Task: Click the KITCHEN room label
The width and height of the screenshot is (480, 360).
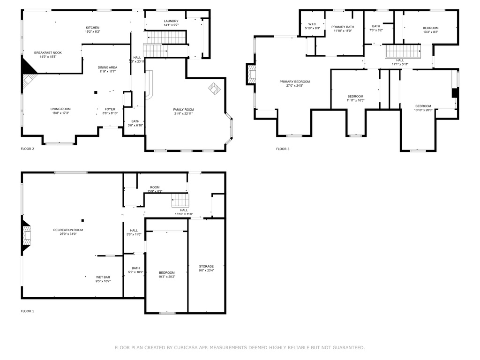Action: pyautogui.click(x=92, y=28)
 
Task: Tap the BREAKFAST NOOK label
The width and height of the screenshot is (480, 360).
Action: pyautogui.click(x=48, y=52)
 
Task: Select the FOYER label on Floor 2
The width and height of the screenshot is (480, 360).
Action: pyautogui.click(x=110, y=109)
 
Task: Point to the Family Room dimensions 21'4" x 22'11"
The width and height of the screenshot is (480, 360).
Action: pyautogui.click(x=183, y=113)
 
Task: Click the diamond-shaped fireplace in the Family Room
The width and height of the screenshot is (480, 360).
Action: pyautogui.click(x=214, y=89)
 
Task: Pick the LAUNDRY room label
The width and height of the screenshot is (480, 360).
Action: pyautogui.click(x=171, y=21)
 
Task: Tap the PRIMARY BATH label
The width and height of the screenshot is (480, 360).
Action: pyautogui.click(x=343, y=27)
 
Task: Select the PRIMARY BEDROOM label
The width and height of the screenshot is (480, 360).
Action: pyautogui.click(x=294, y=82)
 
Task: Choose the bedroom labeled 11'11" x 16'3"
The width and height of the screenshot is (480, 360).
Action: pyautogui.click(x=355, y=100)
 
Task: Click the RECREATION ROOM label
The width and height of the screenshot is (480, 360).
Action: pyautogui.click(x=68, y=230)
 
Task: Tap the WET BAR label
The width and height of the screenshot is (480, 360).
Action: pyautogui.click(x=103, y=277)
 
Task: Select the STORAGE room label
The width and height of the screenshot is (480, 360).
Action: pyautogui.click(x=206, y=266)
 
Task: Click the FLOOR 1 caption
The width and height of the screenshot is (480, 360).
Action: pyautogui.click(x=27, y=311)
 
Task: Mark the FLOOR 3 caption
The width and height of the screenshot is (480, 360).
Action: pyautogui.click(x=283, y=149)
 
